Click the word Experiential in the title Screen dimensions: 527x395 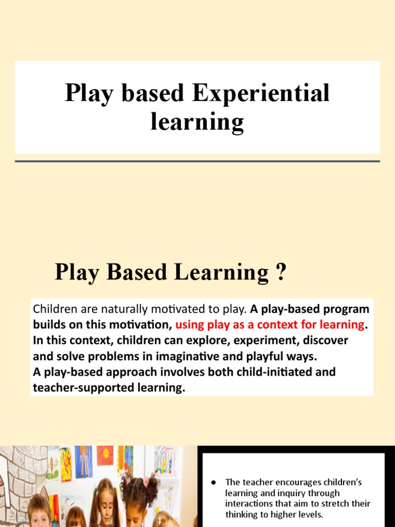(261, 94)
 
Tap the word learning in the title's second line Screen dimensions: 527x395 (197, 122)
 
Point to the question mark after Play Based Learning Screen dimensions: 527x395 (280, 272)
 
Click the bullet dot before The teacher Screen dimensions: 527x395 (213, 483)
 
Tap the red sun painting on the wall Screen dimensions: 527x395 (105, 456)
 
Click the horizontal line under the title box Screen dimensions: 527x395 (197, 161)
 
